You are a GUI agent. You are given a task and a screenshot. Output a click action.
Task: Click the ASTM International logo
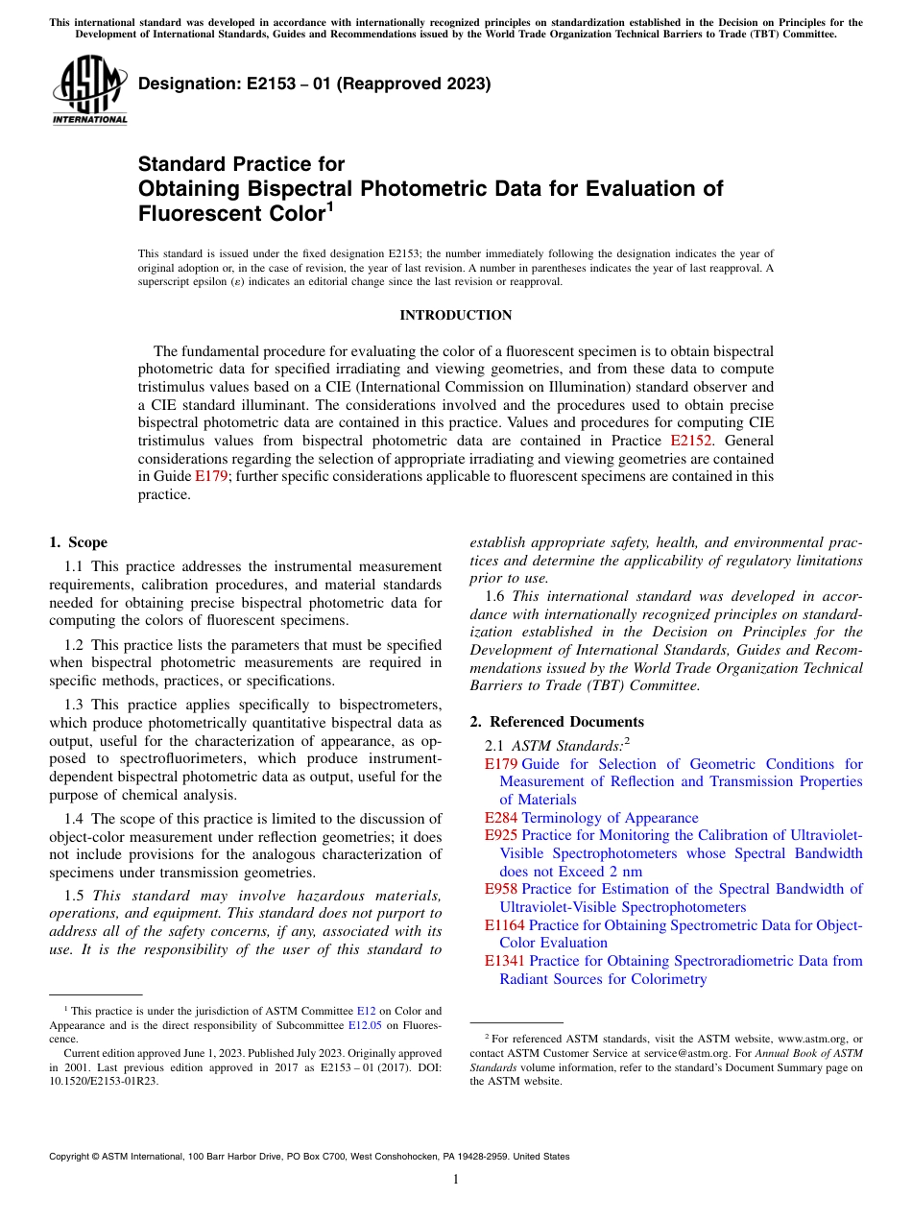point(89,92)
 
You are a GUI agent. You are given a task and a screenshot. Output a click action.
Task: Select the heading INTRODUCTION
point(455,315)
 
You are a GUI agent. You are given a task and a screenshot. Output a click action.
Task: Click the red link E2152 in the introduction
point(691,441)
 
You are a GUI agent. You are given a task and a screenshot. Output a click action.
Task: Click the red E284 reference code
point(500,818)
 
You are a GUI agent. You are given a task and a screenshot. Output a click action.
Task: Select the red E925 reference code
point(500,835)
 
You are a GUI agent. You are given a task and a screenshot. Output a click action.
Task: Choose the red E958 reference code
point(501,889)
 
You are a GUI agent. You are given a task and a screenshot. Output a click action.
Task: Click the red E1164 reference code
point(504,925)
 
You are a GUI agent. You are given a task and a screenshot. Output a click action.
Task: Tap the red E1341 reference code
point(504,961)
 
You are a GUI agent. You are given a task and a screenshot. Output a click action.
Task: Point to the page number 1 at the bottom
point(456,1180)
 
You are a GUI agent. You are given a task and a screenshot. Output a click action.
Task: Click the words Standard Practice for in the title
point(241,164)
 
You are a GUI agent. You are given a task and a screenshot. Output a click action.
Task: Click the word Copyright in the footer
point(75,1157)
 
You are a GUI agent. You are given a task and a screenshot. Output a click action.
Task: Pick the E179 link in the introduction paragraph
point(210,475)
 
